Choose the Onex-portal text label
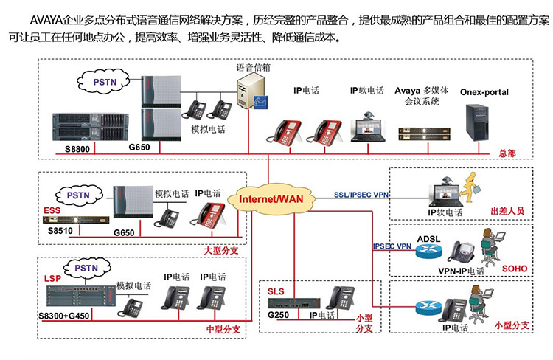[x=484, y=93]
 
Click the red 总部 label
[x=507, y=153]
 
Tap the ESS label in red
[x=52, y=210]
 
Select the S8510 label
[x=61, y=231]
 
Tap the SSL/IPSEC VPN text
[x=361, y=195]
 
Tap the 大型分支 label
[x=221, y=252]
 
